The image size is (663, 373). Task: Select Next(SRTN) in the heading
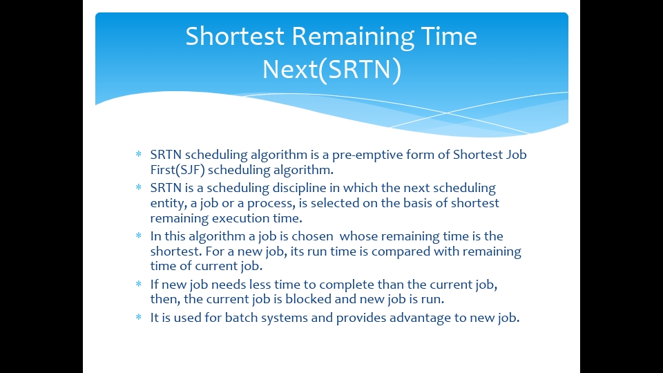pos(331,70)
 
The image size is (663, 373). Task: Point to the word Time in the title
pos(450,36)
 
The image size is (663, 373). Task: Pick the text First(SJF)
pos(177,169)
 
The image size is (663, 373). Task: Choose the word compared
pos(398,251)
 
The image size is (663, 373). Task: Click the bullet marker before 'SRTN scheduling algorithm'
pos(139,155)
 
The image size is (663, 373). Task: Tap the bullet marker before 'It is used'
pos(139,318)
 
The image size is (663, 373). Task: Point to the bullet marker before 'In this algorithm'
pos(139,236)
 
